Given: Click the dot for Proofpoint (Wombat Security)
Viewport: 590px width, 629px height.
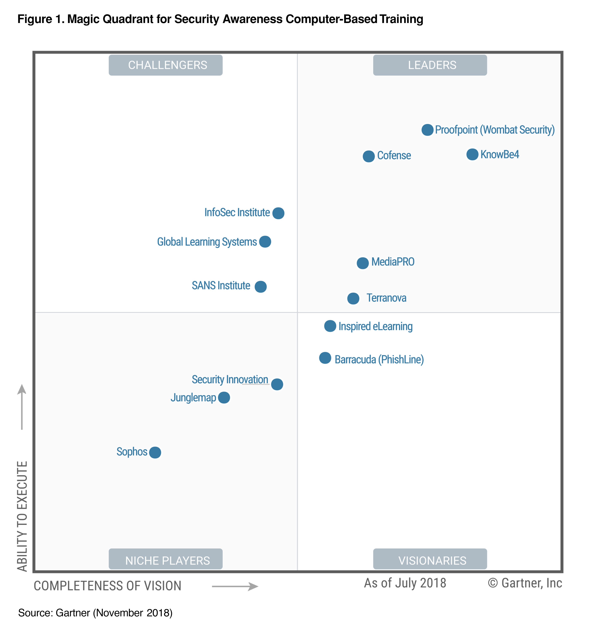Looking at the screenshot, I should [x=427, y=130].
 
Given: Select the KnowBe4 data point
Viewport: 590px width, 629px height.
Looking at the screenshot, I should [x=472, y=154].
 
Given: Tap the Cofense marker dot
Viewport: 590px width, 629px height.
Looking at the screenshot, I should [x=369, y=156].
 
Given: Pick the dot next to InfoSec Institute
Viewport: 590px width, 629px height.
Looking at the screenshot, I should [x=278, y=213].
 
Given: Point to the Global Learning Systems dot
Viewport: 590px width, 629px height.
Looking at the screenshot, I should [x=265, y=242].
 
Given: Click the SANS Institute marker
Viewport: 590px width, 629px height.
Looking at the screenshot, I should [x=261, y=287].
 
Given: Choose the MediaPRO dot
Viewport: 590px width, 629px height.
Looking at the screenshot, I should [x=363, y=263].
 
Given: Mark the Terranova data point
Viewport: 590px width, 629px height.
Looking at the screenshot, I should [x=353, y=298].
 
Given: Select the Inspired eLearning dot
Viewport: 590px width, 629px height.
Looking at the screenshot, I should [x=330, y=326].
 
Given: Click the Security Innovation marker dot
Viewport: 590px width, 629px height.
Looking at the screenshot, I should [x=277, y=384].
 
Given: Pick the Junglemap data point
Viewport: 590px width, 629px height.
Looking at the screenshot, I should [x=224, y=398].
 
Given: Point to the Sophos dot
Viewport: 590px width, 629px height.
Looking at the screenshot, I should [x=155, y=453].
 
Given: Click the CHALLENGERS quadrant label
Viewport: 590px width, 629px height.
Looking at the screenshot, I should [x=166, y=65].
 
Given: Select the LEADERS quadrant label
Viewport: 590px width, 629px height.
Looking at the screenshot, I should [x=430, y=65].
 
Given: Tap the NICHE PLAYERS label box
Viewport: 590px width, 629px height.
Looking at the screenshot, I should [x=166, y=560].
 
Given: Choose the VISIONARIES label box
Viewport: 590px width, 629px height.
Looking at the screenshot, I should [x=430, y=560].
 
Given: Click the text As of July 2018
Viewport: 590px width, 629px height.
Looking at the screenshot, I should [x=405, y=583].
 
